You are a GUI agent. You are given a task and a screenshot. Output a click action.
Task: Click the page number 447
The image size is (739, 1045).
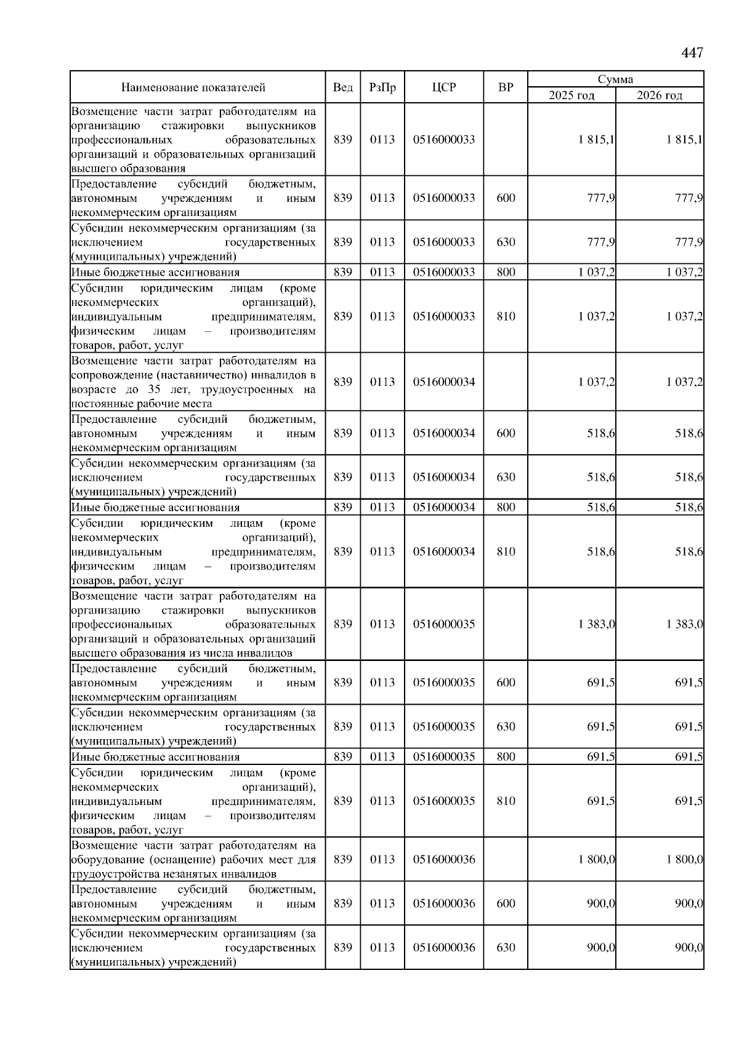coord(692,53)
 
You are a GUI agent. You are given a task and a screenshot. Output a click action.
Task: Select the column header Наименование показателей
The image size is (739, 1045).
coord(193,87)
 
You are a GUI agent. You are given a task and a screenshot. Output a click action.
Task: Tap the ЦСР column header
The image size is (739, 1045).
coord(444,87)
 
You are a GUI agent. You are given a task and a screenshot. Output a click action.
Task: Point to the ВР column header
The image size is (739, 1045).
coord(506,87)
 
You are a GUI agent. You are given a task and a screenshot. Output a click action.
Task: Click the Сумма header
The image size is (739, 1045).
coord(615,79)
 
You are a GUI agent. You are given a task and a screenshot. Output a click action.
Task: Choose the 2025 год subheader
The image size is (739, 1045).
coord(571,95)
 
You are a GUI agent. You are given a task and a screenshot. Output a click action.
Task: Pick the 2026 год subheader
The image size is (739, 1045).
coord(660,95)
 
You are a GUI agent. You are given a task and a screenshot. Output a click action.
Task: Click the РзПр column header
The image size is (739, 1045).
coord(382,87)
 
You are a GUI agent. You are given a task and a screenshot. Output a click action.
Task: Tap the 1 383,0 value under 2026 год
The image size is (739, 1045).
coord(684,624)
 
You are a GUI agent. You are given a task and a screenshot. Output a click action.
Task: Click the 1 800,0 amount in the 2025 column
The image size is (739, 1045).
coord(596,859)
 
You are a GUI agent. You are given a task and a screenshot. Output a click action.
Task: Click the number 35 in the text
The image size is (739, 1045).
coord(155,390)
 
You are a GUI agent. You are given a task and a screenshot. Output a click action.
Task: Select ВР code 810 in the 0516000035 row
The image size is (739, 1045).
coord(506,801)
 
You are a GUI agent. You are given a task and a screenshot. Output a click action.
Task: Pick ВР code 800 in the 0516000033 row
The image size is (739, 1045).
coord(506,272)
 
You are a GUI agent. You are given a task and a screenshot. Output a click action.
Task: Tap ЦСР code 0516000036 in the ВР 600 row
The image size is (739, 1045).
coord(444,903)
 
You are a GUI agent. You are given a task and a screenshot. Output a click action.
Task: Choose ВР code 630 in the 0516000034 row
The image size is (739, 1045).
coord(506,477)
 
